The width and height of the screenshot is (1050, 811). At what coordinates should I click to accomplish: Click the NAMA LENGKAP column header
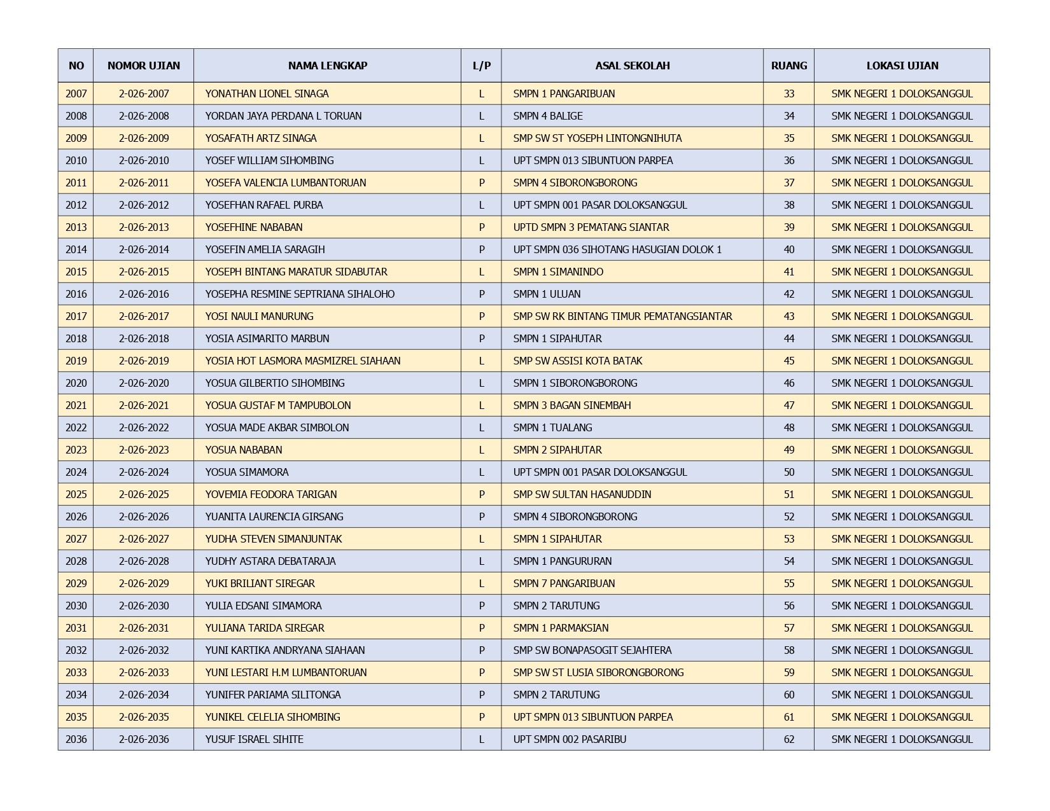(x=327, y=66)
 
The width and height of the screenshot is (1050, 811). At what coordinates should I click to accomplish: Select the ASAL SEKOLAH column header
(x=632, y=66)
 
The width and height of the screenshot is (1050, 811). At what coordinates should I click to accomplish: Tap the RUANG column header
(x=788, y=66)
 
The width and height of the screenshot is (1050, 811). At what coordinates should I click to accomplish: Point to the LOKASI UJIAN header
(x=902, y=66)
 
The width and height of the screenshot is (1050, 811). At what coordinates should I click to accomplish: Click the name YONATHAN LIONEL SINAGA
(x=267, y=94)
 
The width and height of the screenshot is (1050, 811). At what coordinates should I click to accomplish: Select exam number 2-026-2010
(x=144, y=160)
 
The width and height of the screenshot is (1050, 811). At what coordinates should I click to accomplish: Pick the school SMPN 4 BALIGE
(x=548, y=116)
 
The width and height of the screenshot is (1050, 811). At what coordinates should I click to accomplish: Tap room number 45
(x=789, y=361)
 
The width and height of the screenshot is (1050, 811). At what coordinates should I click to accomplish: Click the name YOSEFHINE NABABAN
(x=254, y=227)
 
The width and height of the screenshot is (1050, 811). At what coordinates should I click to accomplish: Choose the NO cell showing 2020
(x=76, y=383)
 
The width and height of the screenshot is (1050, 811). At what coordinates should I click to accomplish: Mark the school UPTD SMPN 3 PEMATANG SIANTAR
(x=591, y=227)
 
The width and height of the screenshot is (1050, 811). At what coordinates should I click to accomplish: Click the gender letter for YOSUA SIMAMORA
(x=481, y=472)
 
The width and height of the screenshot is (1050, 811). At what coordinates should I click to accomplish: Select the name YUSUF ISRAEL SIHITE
(x=254, y=739)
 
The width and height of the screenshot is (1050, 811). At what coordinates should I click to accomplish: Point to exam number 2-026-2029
(x=144, y=583)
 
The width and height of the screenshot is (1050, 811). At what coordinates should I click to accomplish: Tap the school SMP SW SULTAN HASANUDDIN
(x=582, y=494)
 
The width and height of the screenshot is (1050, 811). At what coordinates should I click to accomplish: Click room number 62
(x=789, y=739)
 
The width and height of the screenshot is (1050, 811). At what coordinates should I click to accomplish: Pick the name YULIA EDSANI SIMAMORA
(x=263, y=606)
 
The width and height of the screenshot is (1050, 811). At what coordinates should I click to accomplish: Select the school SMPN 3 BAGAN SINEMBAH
(x=572, y=405)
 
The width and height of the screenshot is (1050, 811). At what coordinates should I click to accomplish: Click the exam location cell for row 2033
(x=902, y=672)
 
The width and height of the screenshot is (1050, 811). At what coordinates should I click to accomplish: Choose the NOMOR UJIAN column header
(x=144, y=66)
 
